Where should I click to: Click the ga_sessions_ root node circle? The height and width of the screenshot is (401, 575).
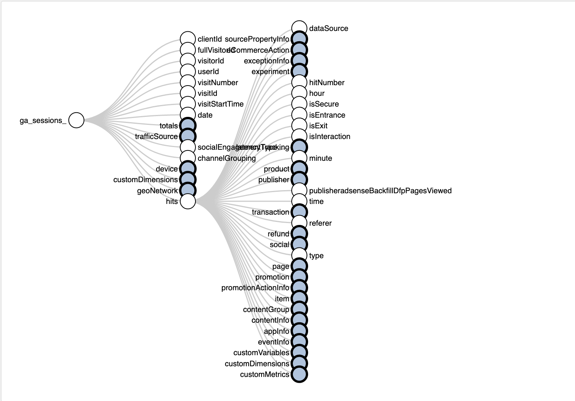(76, 120)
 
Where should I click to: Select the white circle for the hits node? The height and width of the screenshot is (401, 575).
(188, 201)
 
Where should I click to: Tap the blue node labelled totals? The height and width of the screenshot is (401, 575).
(188, 126)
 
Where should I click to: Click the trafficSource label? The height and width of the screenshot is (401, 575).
(156, 136)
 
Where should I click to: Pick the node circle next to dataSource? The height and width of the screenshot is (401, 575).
(299, 28)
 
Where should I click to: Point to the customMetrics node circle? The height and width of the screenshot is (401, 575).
(299, 374)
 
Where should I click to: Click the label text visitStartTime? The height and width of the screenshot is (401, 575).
(220, 104)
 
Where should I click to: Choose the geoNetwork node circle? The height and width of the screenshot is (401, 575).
(188, 190)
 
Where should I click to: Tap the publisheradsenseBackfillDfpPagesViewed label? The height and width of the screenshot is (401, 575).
(380, 191)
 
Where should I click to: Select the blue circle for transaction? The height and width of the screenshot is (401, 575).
(299, 212)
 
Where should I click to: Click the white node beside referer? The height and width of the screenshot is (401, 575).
(299, 223)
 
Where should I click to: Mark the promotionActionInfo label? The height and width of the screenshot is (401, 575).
(255, 288)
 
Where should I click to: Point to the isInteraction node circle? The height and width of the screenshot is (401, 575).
(299, 136)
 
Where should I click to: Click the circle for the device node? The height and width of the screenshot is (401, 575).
(188, 169)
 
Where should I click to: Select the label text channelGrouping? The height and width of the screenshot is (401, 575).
(226, 158)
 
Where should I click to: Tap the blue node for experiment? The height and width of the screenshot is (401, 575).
(299, 71)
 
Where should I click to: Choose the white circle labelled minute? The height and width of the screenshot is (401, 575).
(299, 158)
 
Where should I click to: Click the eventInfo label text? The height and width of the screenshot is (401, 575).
(273, 342)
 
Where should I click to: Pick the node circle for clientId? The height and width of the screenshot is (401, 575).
(188, 39)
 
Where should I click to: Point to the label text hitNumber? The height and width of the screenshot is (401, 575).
(326, 82)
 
